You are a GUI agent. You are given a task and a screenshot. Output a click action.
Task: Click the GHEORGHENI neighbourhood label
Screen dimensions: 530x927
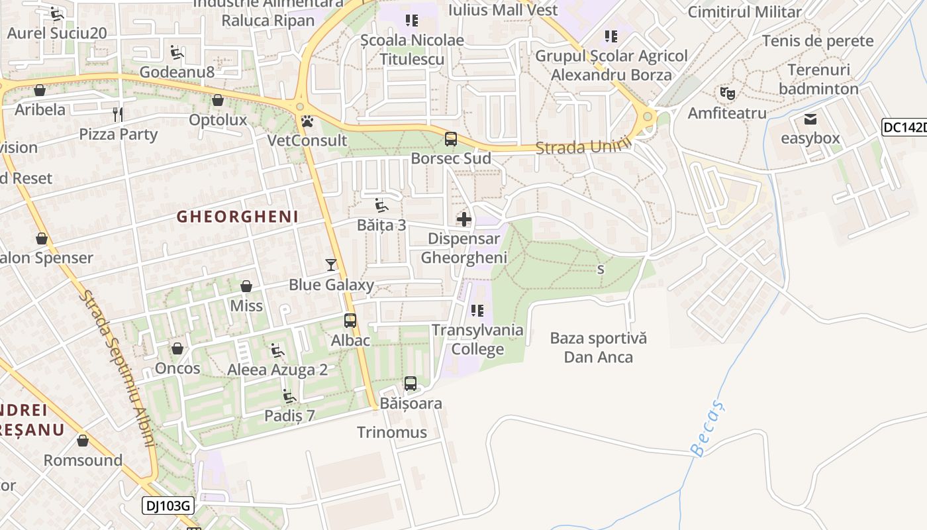[237, 217]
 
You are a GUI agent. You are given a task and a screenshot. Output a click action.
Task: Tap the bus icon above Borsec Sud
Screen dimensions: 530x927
[451, 139]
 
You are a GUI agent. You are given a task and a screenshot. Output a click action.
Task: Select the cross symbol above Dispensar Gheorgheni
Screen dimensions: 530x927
[464, 219]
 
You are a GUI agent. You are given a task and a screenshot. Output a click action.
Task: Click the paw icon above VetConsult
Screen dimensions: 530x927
[307, 122]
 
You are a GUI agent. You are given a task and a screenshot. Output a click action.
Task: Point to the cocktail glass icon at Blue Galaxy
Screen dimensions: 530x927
[331, 265]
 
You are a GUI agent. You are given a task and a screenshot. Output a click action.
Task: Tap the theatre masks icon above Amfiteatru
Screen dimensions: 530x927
[727, 93]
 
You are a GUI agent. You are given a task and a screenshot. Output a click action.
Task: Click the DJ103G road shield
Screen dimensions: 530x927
[168, 506]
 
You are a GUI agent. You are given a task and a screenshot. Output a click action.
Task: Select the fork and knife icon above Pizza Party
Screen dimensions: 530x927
[118, 115]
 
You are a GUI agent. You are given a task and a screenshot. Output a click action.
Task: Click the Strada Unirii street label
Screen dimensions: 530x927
[580, 147]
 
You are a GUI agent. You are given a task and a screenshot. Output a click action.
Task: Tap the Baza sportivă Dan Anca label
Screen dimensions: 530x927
[599, 348]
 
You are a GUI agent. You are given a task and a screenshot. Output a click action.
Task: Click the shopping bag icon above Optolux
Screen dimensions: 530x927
[218, 101]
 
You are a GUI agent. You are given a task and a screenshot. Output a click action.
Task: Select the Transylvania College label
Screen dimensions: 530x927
[477, 340]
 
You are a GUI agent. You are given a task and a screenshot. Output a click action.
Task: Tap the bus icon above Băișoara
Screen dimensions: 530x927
[411, 384]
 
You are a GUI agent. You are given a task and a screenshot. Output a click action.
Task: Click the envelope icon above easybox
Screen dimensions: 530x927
[810, 120]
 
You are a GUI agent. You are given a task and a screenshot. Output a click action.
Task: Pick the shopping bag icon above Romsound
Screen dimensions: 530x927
[83, 441]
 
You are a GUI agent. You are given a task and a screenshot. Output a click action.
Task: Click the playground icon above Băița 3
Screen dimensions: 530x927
[381, 205]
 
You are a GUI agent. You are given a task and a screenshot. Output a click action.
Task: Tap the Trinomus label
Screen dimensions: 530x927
[392, 433]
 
